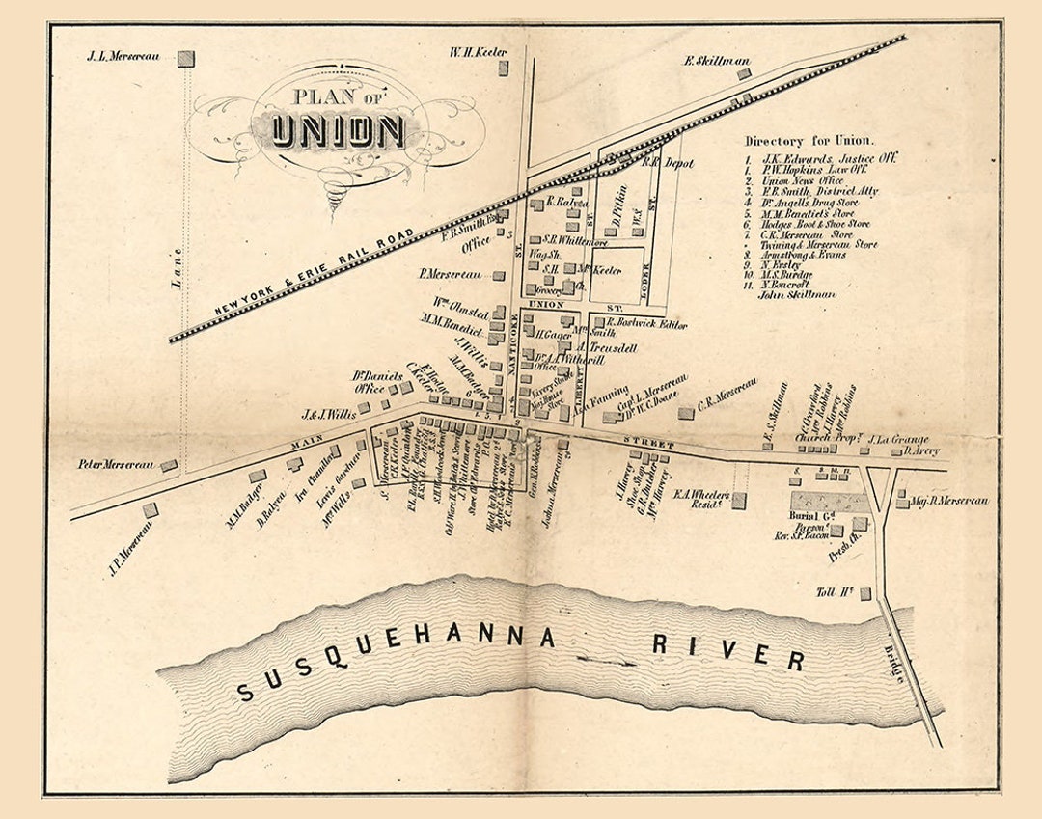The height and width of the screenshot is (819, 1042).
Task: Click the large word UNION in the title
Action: click(337, 130)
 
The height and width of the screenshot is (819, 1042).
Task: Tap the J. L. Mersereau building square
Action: click(185, 58)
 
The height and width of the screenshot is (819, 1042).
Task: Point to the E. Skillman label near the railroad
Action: click(717, 61)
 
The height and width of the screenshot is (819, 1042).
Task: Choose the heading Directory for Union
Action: click(809, 140)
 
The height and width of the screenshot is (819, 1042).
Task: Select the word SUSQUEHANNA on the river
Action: click(397, 664)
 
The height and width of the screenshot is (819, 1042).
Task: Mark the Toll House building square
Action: click(865, 593)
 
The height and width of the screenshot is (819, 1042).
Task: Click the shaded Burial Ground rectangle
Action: click(830, 503)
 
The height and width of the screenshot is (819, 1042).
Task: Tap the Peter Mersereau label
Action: click(117, 464)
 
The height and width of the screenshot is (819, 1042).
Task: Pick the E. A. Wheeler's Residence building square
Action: click(738, 500)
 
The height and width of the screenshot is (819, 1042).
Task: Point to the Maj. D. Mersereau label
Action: click(950, 501)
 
